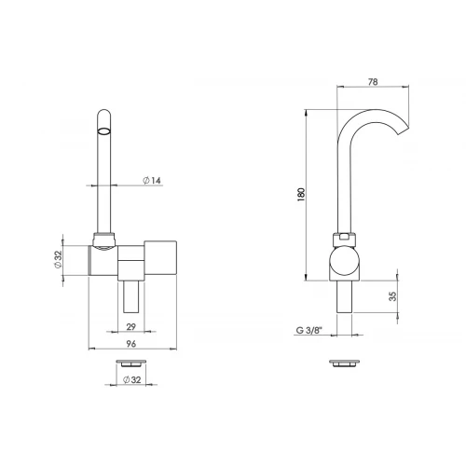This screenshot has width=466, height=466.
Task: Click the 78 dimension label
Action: point(373,82)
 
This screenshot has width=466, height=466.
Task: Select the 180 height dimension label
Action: point(301,195)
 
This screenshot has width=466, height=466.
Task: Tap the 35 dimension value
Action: point(392,296)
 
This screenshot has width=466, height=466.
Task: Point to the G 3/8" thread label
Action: point(309,330)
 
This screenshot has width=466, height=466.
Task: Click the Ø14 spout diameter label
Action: point(152,180)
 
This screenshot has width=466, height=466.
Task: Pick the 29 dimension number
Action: point(131,327)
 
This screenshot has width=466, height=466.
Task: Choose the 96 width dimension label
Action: point(131,344)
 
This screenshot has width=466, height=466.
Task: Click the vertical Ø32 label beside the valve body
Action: point(58,259)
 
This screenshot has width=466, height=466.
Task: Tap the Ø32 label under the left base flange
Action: point(132,379)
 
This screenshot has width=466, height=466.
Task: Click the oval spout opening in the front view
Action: point(104,130)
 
